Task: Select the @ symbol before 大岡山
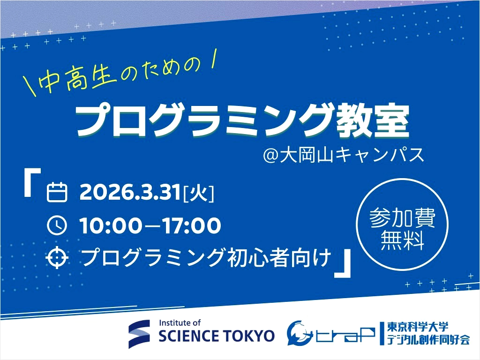click(271, 155)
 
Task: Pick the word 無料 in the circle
click(402, 241)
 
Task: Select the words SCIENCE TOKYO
click(217, 336)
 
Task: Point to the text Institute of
click(180, 322)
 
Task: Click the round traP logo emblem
click(300, 332)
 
